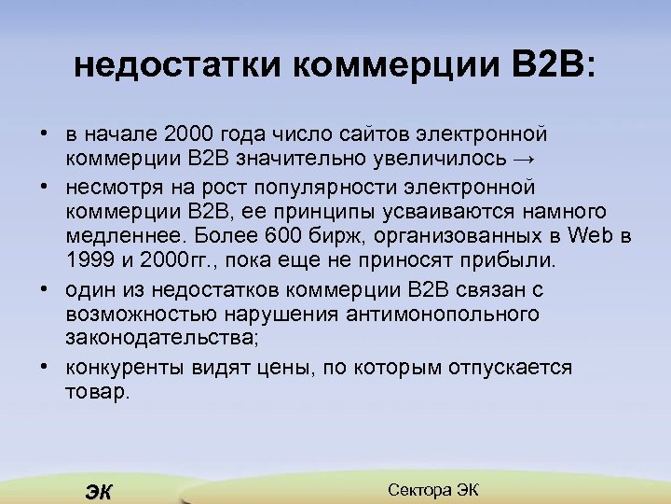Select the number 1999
[89, 259]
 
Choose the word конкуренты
[124, 367]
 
